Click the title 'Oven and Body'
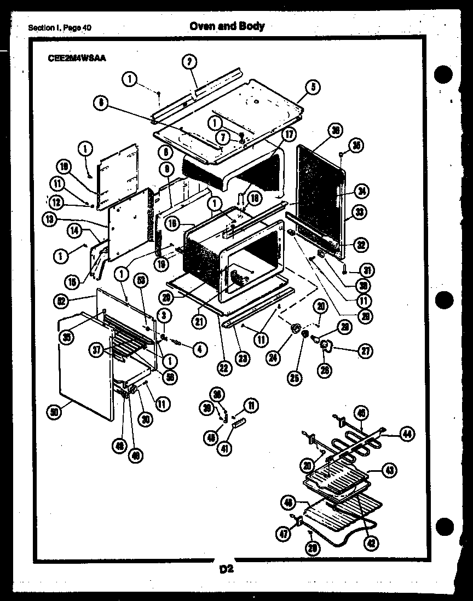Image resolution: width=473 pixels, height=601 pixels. pos(227,26)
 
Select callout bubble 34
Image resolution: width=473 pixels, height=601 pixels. pos(361,191)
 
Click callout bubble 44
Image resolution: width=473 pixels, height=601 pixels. pos(406,434)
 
